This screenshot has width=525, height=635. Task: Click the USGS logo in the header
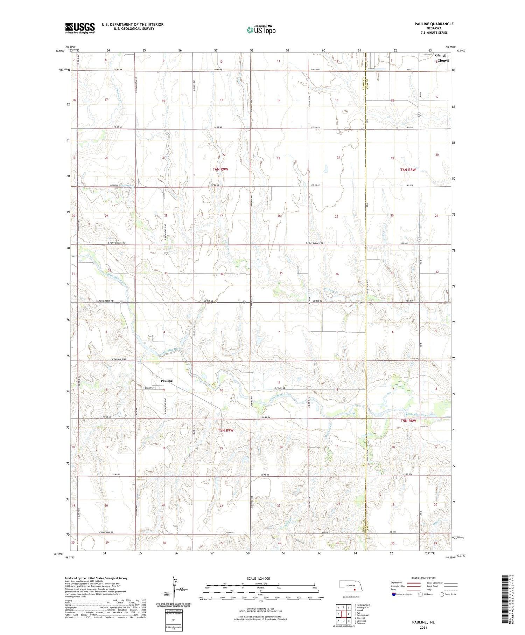point(80,28)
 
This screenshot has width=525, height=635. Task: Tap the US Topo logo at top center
point(261,30)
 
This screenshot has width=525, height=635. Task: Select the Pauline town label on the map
point(167,381)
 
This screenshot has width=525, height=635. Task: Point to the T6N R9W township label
point(220,169)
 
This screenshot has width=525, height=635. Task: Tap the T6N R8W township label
point(408,170)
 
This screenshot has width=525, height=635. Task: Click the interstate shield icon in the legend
point(394,594)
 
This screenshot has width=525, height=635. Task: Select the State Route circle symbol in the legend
point(442,594)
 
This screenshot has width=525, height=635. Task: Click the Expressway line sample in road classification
point(413,583)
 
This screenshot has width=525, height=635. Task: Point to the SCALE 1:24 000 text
point(260,578)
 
